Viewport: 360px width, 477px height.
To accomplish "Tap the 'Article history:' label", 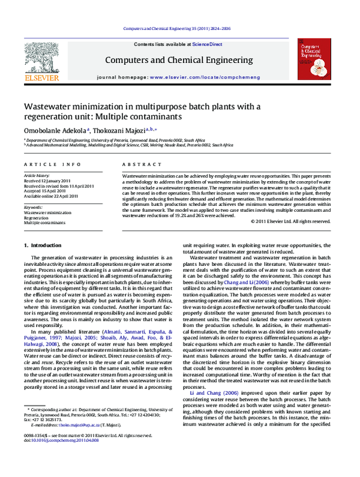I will pos(37,175).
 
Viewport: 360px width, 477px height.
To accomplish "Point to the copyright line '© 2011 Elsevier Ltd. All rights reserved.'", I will pos(282,221).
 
